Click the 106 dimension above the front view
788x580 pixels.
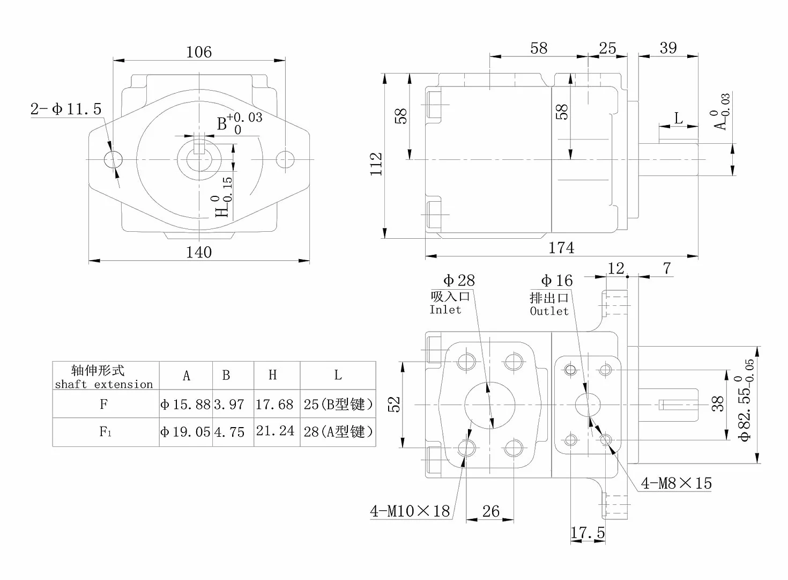[x=199, y=52]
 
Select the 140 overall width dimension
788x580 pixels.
[x=199, y=252]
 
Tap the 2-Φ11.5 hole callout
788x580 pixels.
[x=66, y=109]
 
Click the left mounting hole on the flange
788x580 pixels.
[x=113, y=160]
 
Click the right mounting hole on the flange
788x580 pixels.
[x=285, y=160]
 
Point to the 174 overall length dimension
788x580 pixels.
[x=561, y=248]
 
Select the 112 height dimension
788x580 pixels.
[x=376, y=164]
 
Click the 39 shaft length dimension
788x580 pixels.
[x=668, y=48]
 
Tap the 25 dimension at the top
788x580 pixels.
[x=607, y=48]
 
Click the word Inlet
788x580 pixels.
[x=445, y=310]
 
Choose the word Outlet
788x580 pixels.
[x=549, y=311]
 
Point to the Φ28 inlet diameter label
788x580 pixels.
[x=459, y=280]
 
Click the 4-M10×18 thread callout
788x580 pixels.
[x=410, y=511]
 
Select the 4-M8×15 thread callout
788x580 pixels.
[x=676, y=483]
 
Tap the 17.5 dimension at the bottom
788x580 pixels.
[x=588, y=532]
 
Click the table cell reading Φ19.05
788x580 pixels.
[x=185, y=432]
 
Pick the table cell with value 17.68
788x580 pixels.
[x=274, y=404]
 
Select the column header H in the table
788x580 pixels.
[x=273, y=375]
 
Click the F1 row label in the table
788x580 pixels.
[x=105, y=431]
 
